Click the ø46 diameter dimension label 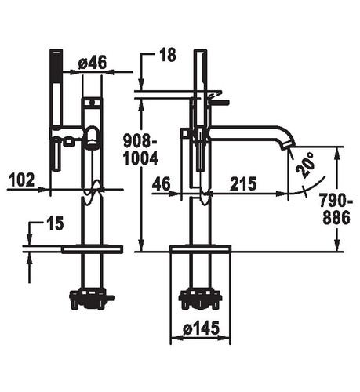tap(93, 64)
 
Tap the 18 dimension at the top tap(168, 55)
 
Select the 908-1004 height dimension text tap(140, 150)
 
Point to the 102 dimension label tap(22, 180)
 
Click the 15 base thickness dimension tap(56, 224)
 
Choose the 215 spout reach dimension tap(243, 183)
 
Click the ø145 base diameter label tap(201, 328)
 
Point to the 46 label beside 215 tap(162, 183)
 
